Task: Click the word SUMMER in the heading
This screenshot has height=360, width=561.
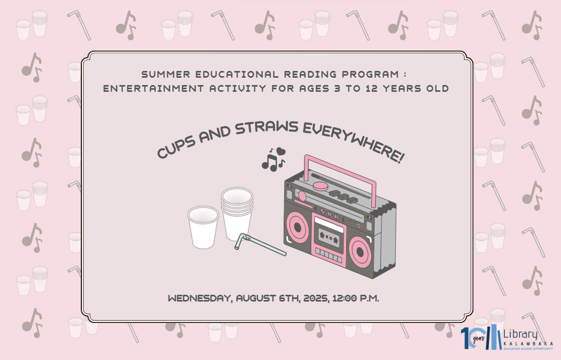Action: pos(166,75)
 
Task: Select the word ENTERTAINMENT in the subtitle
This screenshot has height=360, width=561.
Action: pos(153,88)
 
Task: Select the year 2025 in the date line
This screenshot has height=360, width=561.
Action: pos(315,298)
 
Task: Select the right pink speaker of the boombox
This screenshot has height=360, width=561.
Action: pos(360,253)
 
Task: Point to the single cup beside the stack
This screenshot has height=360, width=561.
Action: pos(203,227)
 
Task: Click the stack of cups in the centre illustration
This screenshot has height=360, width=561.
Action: pos(237,214)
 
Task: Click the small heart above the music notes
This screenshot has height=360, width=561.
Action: pos(281,151)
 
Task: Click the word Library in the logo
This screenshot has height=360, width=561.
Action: pos(520,334)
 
